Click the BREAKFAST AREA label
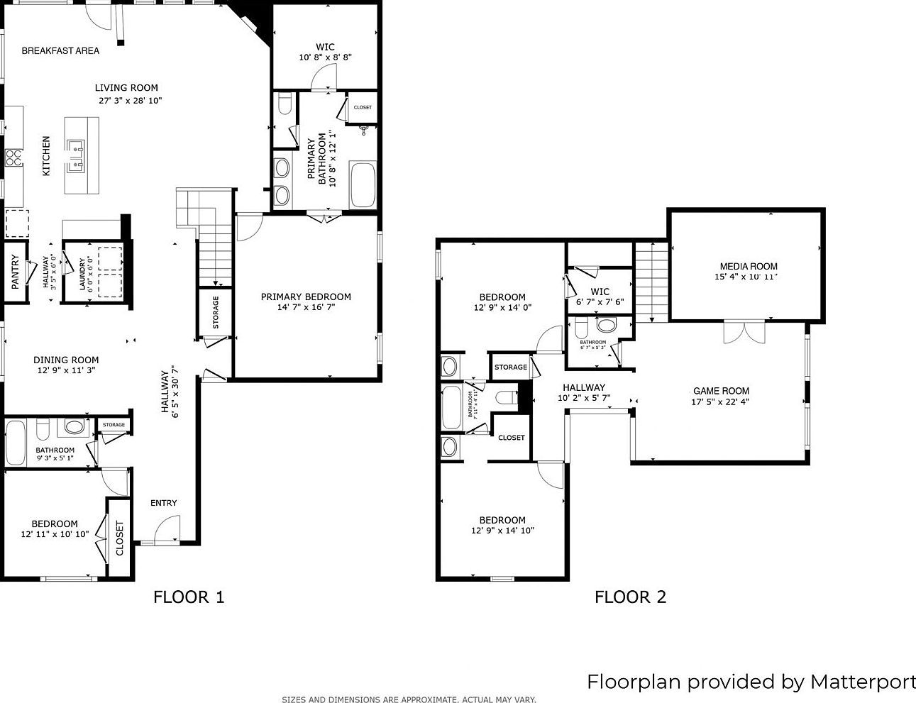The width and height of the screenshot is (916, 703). tap(60, 50)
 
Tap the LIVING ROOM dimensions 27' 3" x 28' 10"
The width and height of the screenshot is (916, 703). tap(131, 101)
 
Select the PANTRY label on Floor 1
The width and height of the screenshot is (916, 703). tap(16, 272)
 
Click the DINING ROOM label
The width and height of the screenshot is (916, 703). tap(66, 360)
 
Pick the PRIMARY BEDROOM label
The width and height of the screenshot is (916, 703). tap(306, 297)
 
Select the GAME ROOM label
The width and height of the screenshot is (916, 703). tap(721, 391)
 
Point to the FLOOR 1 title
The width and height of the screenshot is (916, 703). tap(189, 597)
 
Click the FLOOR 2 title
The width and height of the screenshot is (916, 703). tap(630, 597)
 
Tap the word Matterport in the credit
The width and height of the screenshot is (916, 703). tap(863, 682)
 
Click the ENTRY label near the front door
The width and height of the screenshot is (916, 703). tap(164, 503)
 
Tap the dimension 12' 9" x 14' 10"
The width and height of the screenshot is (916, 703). tap(502, 531)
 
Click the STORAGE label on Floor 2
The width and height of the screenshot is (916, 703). tap(511, 367)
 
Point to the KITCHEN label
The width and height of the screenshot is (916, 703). tap(46, 156)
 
